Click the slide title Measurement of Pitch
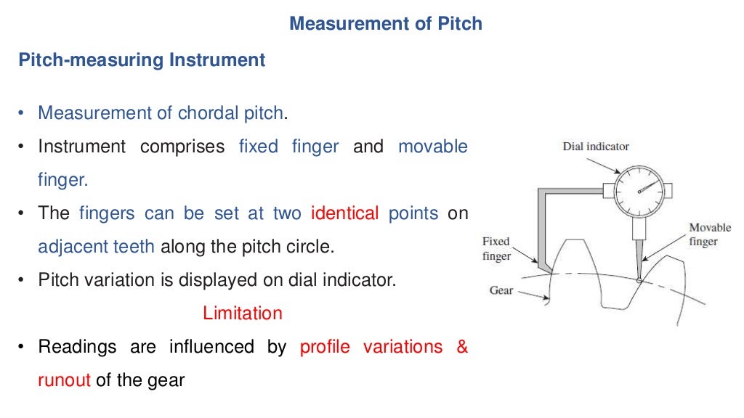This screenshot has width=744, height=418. coord(385,24)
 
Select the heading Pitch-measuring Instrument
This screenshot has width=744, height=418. coord(142,60)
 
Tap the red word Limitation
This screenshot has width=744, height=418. coord(242,313)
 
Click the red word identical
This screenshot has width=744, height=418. coord(344,213)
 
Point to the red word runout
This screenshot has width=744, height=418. coord(64,380)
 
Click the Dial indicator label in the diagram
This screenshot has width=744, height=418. coord(596,147)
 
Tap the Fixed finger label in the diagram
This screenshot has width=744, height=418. coord(497,248)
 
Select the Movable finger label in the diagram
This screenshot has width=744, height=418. coord(710,234)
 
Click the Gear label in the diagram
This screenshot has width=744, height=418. coord(501,290)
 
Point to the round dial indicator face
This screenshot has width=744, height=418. coord(639,190)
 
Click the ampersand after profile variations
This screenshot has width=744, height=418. coord(462,347)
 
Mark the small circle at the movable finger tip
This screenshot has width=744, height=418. coord(639,280)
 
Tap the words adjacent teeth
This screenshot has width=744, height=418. coord(96,246)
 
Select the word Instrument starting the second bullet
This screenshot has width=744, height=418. coord(81,147)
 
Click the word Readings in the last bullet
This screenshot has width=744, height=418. coord(77,347)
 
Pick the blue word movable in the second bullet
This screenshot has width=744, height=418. coord(433,147)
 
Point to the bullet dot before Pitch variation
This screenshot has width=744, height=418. coord(22,280)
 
